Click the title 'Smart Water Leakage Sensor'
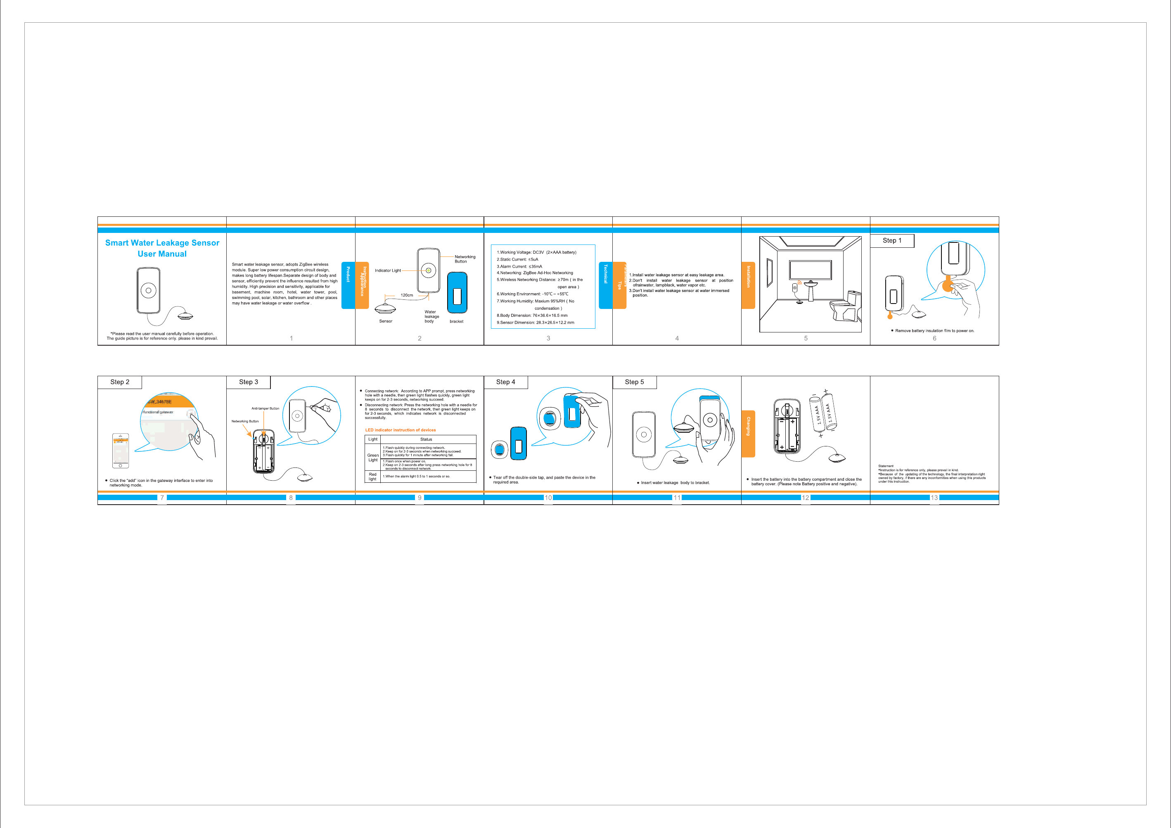click(x=162, y=243)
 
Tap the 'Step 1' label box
click(x=892, y=241)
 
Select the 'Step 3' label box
click(x=249, y=382)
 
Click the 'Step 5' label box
click(x=635, y=382)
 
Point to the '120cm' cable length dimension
click(x=406, y=295)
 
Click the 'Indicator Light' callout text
click(x=388, y=270)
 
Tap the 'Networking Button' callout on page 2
click(x=465, y=259)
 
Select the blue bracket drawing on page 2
click(x=457, y=293)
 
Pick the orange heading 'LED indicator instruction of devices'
click(x=401, y=430)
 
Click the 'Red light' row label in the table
click(x=373, y=477)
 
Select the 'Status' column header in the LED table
click(x=426, y=439)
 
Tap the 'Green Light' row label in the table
click(x=373, y=458)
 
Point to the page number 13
click(x=934, y=498)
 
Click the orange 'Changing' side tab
click(x=748, y=433)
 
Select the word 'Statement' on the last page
click(x=886, y=466)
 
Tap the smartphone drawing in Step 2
click(x=121, y=451)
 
